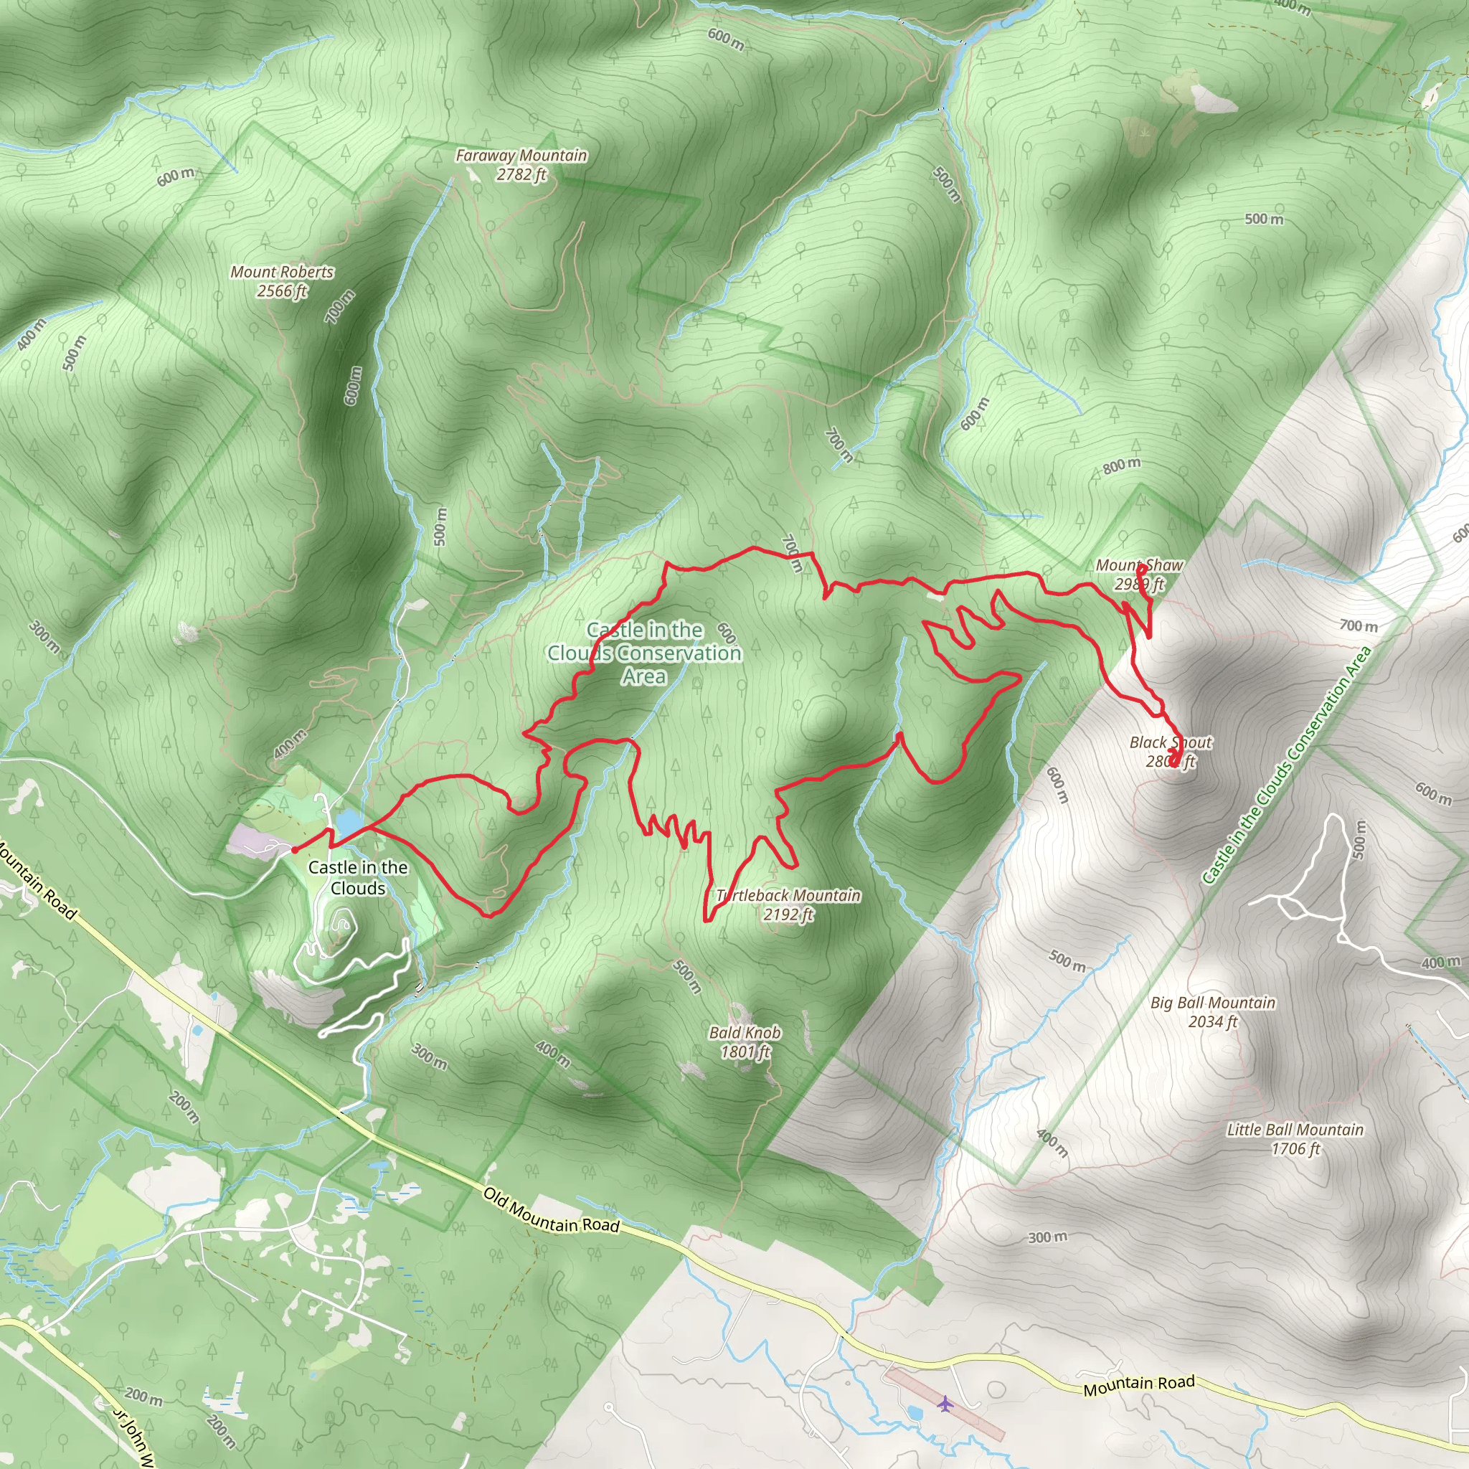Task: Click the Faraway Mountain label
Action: (x=521, y=156)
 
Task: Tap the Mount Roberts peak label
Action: (x=282, y=272)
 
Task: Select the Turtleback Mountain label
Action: (x=788, y=896)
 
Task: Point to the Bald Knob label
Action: (x=745, y=1033)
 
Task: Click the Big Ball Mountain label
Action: (x=1213, y=1003)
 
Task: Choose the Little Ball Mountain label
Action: (x=1295, y=1130)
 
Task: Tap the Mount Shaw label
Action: (x=1139, y=566)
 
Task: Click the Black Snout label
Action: (x=1170, y=742)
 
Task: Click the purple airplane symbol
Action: (x=945, y=1403)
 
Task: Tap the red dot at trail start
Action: (x=294, y=850)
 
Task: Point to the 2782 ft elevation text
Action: (x=521, y=175)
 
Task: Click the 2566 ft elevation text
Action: (x=282, y=291)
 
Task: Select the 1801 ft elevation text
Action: (x=745, y=1052)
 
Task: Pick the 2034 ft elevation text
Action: (x=1213, y=1022)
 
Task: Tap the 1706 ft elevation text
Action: (x=1295, y=1149)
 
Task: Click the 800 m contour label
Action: (x=1123, y=466)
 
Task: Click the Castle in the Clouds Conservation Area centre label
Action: (x=645, y=653)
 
